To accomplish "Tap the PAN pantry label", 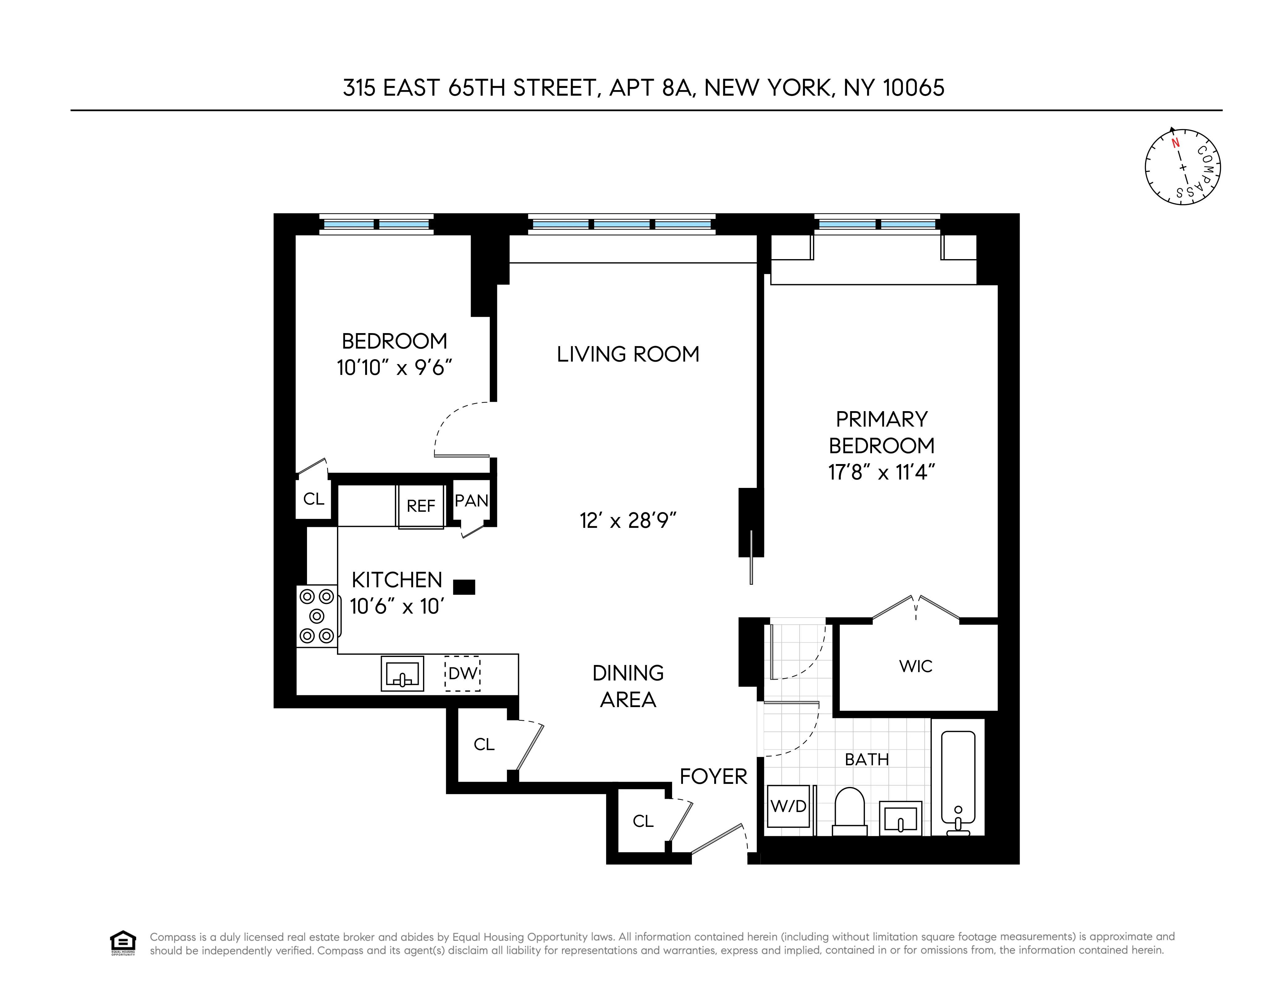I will click(471, 501).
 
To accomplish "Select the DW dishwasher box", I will click(463, 673).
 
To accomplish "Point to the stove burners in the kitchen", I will click(317, 616).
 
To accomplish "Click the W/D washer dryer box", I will click(788, 806).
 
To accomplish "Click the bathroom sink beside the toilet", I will click(900, 818).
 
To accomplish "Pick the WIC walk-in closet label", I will click(916, 666).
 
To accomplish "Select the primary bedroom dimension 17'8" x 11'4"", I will click(882, 472).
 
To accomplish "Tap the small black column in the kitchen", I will click(464, 587).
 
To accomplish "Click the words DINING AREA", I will click(628, 686).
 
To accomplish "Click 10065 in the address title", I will click(913, 88).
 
